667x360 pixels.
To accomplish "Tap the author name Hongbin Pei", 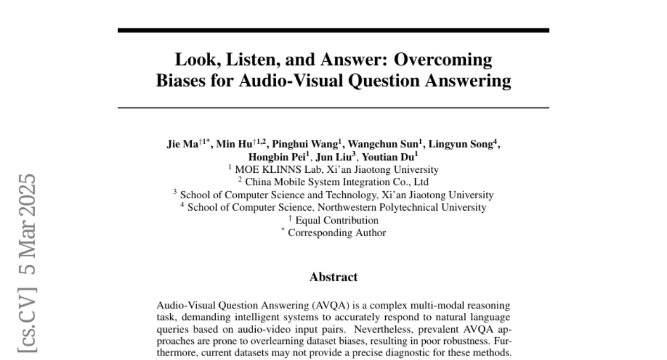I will point(276,158).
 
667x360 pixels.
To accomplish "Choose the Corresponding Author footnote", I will point(337,233).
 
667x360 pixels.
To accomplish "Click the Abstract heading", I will point(333,277).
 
